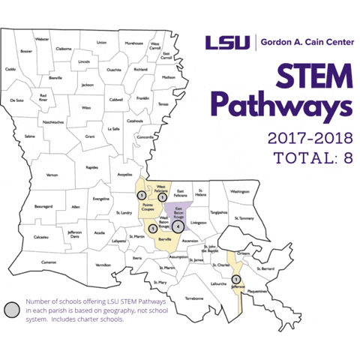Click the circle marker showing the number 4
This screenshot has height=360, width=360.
tap(178, 225)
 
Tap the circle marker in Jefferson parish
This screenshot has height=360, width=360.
tap(236, 280)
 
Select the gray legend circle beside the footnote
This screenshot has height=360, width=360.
tap(10, 310)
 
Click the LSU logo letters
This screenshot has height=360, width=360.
tap(229, 42)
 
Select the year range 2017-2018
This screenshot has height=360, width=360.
tap(309, 139)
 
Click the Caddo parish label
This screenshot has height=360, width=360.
tap(10, 69)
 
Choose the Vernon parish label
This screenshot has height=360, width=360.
tap(52, 175)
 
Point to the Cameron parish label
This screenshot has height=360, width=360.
tap(49, 262)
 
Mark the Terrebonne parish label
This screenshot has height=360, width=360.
tap(193, 298)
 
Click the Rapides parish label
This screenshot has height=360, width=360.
tap(91, 167)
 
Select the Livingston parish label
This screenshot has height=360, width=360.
tap(199, 222)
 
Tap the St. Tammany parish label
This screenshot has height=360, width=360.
tap(244, 218)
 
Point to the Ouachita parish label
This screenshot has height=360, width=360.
tap(114, 69)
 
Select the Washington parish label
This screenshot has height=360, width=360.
tap(239, 191)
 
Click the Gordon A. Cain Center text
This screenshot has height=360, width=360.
tap(307, 42)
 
